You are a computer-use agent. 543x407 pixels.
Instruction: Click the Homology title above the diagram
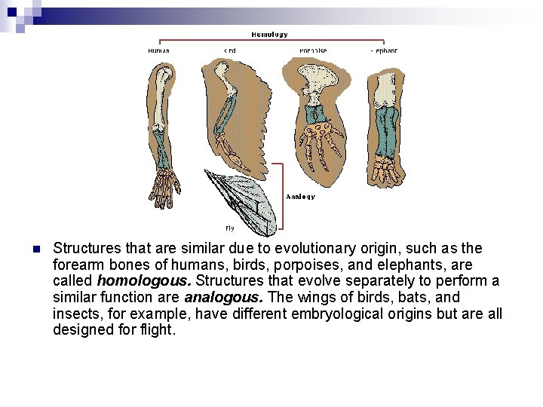click(268, 34)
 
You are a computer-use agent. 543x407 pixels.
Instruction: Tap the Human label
click(158, 50)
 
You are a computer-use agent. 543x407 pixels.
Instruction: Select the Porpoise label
click(312, 50)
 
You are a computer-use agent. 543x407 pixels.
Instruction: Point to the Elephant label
click(384, 50)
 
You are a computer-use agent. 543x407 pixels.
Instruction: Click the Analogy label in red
click(300, 197)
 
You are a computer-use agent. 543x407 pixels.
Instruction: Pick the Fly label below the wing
click(230, 228)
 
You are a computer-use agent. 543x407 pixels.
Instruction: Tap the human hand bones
click(165, 184)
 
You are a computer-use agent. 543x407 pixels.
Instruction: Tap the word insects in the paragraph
click(76, 314)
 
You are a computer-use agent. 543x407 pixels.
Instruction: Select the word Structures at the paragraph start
click(87, 248)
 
